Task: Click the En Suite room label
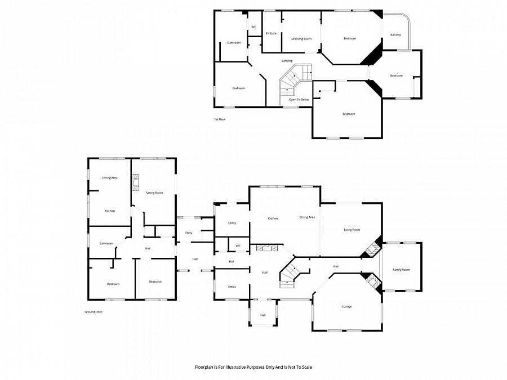tap(271, 33)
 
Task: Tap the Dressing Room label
tap(301, 39)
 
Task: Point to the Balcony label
tap(395, 35)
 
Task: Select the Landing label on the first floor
tap(287, 60)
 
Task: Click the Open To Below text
tap(299, 100)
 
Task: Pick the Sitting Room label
tap(154, 193)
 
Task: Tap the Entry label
tap(189, 233)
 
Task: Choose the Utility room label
tap(232, 223)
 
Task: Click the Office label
tap(232, 287)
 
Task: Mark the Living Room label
tap(352, 230)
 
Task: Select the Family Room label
tap(401, 270)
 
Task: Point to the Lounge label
tap(346, 306)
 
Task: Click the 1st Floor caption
tap(220, 119)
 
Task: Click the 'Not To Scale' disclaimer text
tap(253, 367)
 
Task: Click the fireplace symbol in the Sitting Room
tap(135, 182)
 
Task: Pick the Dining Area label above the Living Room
tap(307, 217)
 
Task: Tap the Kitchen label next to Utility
tap(273, 218)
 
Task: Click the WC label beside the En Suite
tap(253, 27)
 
